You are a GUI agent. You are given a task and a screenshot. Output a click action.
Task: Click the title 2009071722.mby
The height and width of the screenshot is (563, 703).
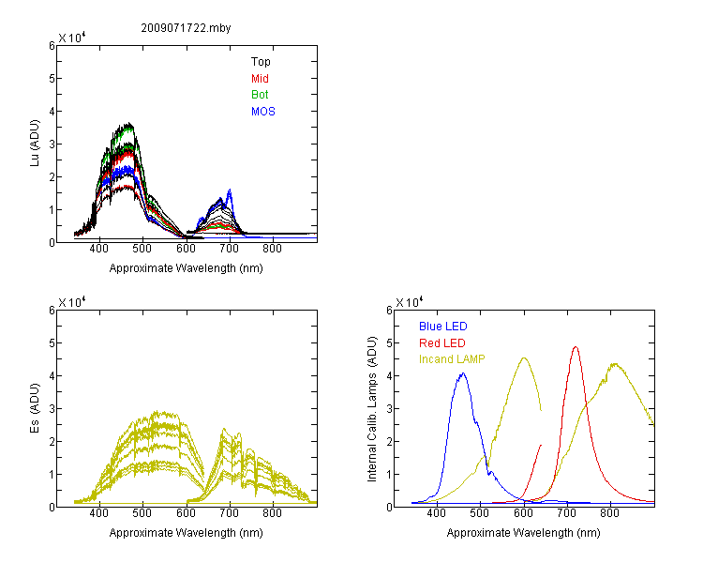186,28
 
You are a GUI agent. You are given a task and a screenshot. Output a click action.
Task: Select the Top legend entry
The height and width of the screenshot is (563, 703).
261,62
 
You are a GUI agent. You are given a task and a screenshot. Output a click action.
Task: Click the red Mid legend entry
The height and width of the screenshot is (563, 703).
260,79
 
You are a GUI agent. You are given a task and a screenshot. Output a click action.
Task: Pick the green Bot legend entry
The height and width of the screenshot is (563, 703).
260,95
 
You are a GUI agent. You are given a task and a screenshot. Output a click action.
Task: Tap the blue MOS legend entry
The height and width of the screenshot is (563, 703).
263,112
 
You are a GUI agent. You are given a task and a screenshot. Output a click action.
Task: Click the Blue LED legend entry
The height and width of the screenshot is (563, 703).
443,327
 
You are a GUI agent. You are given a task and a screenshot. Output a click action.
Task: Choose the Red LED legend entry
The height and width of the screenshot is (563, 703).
442,343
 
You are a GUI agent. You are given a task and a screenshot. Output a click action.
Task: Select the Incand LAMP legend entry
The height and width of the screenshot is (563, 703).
452,359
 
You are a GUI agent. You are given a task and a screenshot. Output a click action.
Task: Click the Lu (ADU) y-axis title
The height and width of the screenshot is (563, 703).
35,144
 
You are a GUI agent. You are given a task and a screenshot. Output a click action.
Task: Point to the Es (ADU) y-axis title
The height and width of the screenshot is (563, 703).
35,408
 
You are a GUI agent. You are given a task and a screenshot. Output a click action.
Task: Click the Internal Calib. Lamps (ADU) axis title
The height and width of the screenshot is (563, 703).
372,409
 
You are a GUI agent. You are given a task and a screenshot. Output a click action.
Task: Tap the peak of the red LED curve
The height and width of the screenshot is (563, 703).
576,346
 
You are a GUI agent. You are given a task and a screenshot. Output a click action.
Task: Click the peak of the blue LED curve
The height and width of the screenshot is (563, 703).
463,373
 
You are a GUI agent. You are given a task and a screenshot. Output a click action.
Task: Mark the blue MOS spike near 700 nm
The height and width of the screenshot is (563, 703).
230,190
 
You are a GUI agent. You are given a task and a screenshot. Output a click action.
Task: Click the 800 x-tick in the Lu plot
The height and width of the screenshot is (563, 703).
272,249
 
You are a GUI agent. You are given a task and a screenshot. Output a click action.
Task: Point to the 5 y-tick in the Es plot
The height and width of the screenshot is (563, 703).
52,343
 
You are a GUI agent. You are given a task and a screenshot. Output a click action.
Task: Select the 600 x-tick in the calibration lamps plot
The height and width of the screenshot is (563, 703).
523,513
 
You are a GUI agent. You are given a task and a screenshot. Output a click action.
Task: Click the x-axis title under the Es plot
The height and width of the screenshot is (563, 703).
187,533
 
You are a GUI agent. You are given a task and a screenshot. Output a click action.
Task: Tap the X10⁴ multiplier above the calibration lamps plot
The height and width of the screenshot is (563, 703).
410,302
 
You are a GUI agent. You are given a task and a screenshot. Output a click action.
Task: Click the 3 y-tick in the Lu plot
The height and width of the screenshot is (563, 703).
52,145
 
